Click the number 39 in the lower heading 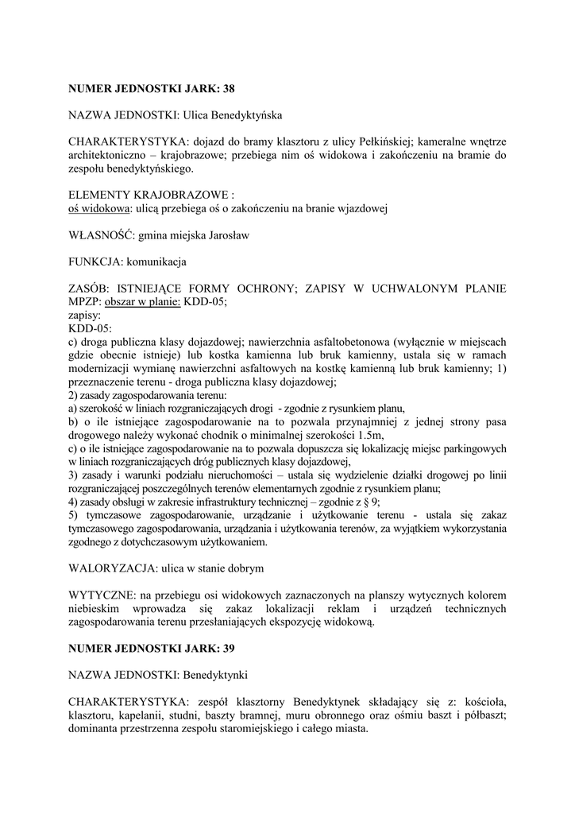[x=228, y=649]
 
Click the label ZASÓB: [x=87, y=287]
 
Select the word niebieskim [x=95, y=610]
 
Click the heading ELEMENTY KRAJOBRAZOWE [x=150, y=195]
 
